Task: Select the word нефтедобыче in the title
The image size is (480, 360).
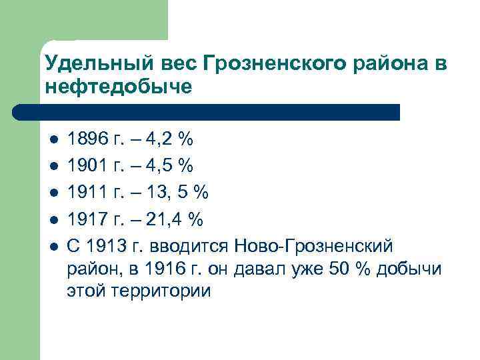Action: coord(119,87)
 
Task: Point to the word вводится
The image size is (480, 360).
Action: coord(193,246)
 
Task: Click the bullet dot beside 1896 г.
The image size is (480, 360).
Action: coord(53,140)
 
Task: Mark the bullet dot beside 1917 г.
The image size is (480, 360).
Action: coord(53,220)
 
